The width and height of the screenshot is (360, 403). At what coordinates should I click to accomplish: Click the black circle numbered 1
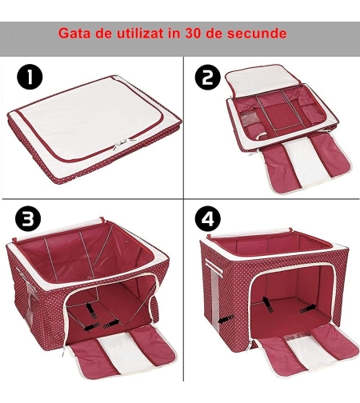point(30,77)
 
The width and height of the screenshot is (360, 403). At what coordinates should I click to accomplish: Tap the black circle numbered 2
point(208,78)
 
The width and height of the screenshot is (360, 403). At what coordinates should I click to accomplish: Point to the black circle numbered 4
point(208,218)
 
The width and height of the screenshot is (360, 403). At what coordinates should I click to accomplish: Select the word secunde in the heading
point(257,34)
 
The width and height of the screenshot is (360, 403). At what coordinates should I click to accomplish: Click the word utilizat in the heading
point(137,34)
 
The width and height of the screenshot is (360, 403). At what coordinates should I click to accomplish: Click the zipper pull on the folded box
point(118,144)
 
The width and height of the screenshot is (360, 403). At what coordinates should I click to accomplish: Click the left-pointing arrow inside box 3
point(92,327)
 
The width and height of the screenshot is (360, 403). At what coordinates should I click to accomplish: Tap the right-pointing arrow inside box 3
point(111,324)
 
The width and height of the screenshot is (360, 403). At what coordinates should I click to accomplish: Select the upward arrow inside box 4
point(268,303)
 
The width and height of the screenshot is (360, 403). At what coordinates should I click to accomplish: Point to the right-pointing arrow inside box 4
point(308,309)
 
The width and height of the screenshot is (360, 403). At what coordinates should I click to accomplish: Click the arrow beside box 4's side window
point(226,319)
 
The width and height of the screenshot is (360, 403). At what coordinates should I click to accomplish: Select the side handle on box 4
point(214,267)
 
